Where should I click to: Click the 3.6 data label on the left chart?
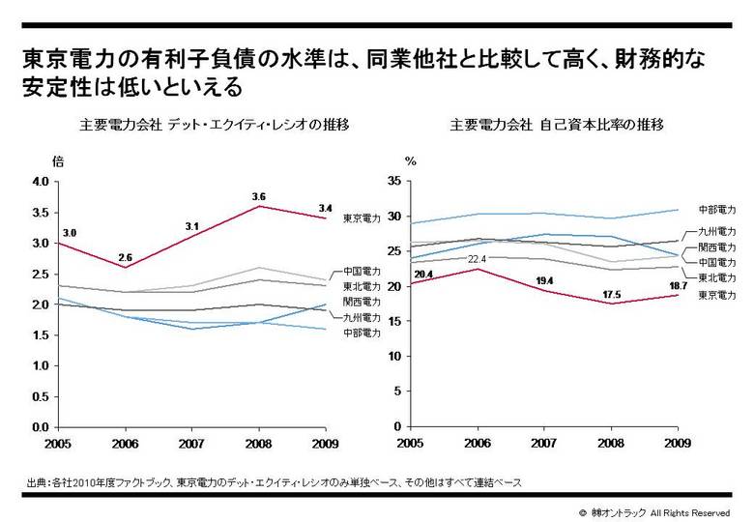click(258, 196)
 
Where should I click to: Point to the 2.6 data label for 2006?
click(127, 257)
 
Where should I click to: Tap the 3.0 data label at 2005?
click(69, 233)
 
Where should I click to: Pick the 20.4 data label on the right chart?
click(421, 275)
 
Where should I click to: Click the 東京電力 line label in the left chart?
click(362, 219)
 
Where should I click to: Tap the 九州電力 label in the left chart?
click(362, 316)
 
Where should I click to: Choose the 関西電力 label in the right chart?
click(717, 247)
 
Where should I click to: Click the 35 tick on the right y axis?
click(392, 182)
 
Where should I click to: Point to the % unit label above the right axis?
click(410, 161)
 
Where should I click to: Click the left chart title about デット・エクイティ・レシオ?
click(214, 126)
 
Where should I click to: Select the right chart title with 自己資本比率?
click(555, 126)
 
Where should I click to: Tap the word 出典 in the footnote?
click(39, 481)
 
